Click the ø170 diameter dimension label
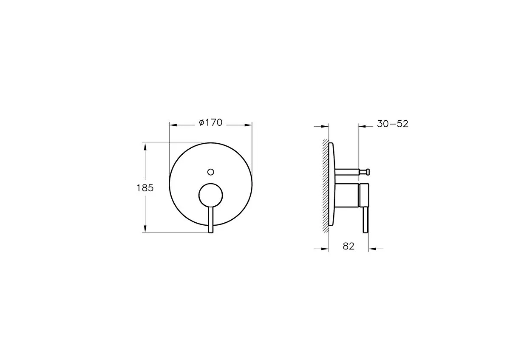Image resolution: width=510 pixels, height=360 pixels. pyautogui.click(x=210, y=123)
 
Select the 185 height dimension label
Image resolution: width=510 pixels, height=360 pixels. pyautogui.click(x=145, y=188)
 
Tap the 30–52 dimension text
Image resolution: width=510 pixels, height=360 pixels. pyautogui.click(x=393, y=124)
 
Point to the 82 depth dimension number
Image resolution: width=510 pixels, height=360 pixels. pyautogui.click(x=348, y=246)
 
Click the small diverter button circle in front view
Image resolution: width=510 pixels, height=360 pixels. pyautogui.click(x=211, y=172)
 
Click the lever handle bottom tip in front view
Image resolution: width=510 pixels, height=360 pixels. pyautogui.click(x=211, y=232)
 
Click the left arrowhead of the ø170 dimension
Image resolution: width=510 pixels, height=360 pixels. pyautogui.click(x=173, y=125)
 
